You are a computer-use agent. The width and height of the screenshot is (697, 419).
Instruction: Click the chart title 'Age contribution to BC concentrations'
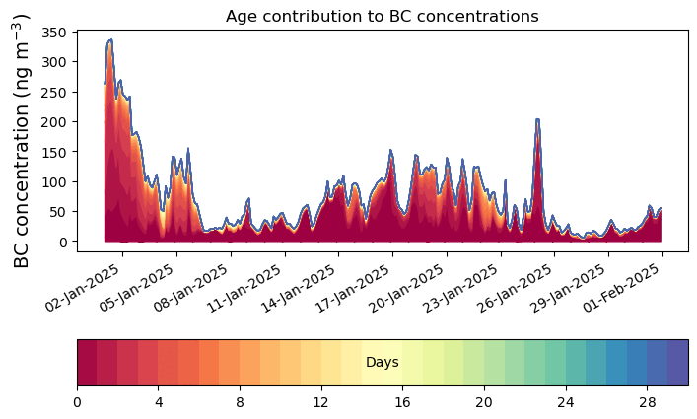[382, 16]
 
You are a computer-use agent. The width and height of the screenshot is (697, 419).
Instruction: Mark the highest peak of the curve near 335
[110, 40]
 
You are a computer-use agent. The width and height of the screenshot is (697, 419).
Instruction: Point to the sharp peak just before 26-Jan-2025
[537, 120]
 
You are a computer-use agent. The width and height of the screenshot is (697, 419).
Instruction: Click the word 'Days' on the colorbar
[382, 363]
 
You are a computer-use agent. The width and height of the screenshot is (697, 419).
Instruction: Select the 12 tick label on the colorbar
[321, 402]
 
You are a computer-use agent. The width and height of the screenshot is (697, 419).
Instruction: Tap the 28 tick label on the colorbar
[647, 402]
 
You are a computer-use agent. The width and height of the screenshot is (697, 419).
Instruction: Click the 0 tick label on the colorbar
[77, 402]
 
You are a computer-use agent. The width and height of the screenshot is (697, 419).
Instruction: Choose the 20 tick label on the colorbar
[484, 402]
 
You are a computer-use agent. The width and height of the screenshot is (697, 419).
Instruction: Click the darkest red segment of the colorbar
[87, 363]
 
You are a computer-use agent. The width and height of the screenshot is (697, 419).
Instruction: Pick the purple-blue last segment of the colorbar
[677, 363]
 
